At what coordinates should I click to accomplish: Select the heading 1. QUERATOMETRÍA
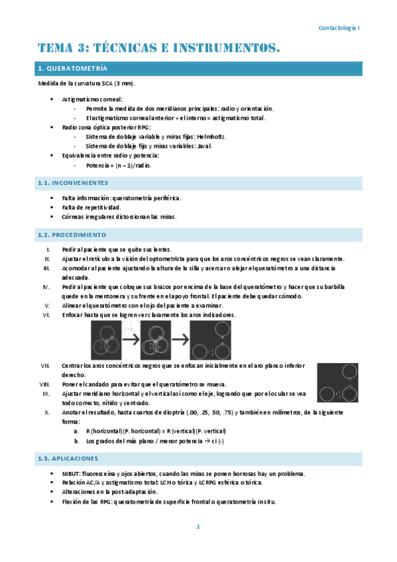click(x=73, y=69)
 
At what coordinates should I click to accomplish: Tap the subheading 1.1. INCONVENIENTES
click(x=73, y=182)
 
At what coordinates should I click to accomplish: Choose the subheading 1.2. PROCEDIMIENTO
click(x=72, y=235)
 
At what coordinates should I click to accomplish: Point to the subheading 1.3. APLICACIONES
click(x=68, y=458)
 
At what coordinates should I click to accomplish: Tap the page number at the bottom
click(x=198, y=527)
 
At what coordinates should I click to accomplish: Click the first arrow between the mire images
click(x=131, y=341)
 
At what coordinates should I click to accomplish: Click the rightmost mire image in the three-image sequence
click(x=211, y=341)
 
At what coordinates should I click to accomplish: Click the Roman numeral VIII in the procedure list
click(x=44, y=384)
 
